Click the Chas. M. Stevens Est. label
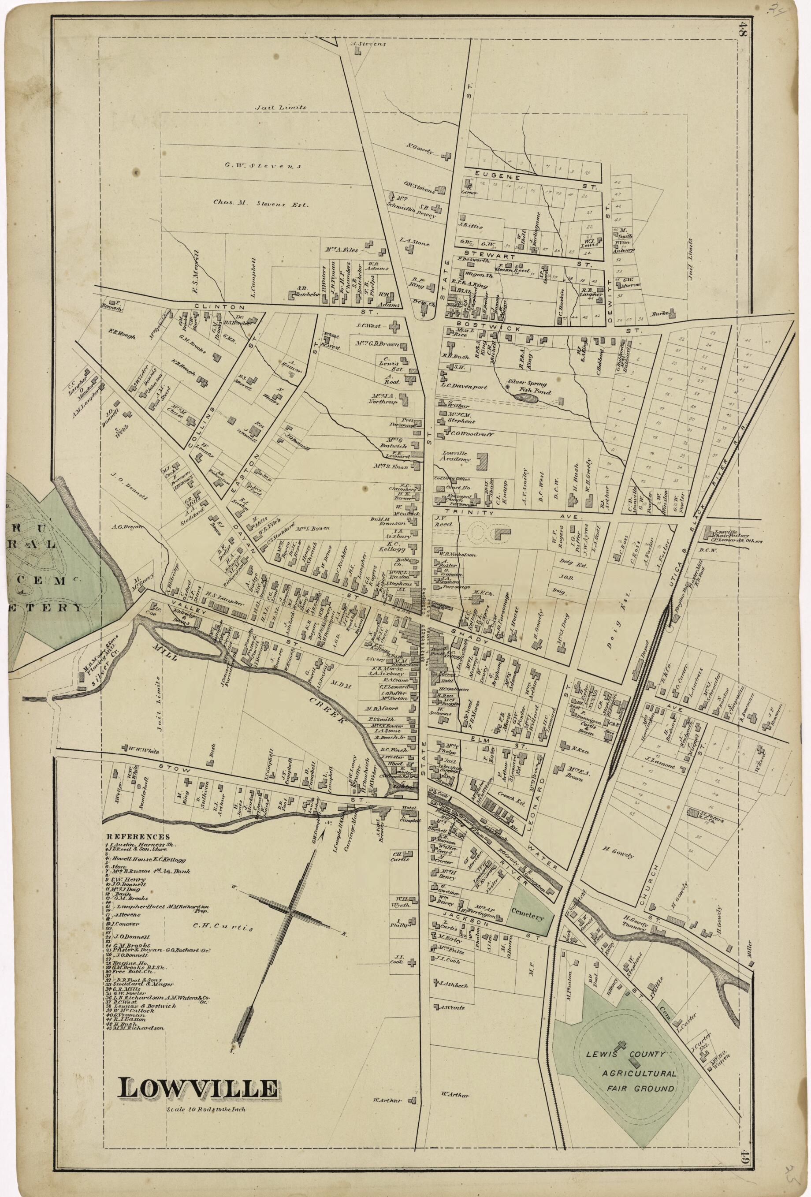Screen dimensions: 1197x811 pyautogui.click(x=260, y=204)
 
